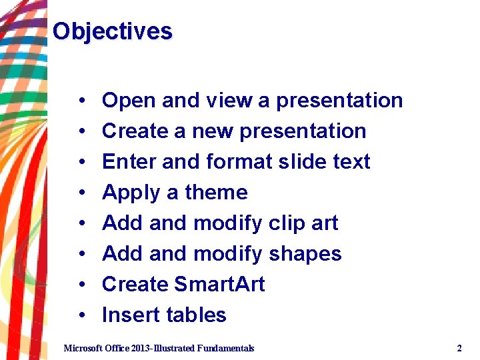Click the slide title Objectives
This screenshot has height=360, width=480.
112,31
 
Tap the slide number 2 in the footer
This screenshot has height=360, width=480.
459,348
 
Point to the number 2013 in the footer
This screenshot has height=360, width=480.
142,348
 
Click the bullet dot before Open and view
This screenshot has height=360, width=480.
81,101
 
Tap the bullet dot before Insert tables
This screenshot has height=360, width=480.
81,316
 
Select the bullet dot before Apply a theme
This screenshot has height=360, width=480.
81,193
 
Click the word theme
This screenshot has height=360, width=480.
216,193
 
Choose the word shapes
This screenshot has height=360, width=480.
305,254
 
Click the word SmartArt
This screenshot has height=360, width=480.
219,285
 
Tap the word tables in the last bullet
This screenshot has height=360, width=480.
197,315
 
